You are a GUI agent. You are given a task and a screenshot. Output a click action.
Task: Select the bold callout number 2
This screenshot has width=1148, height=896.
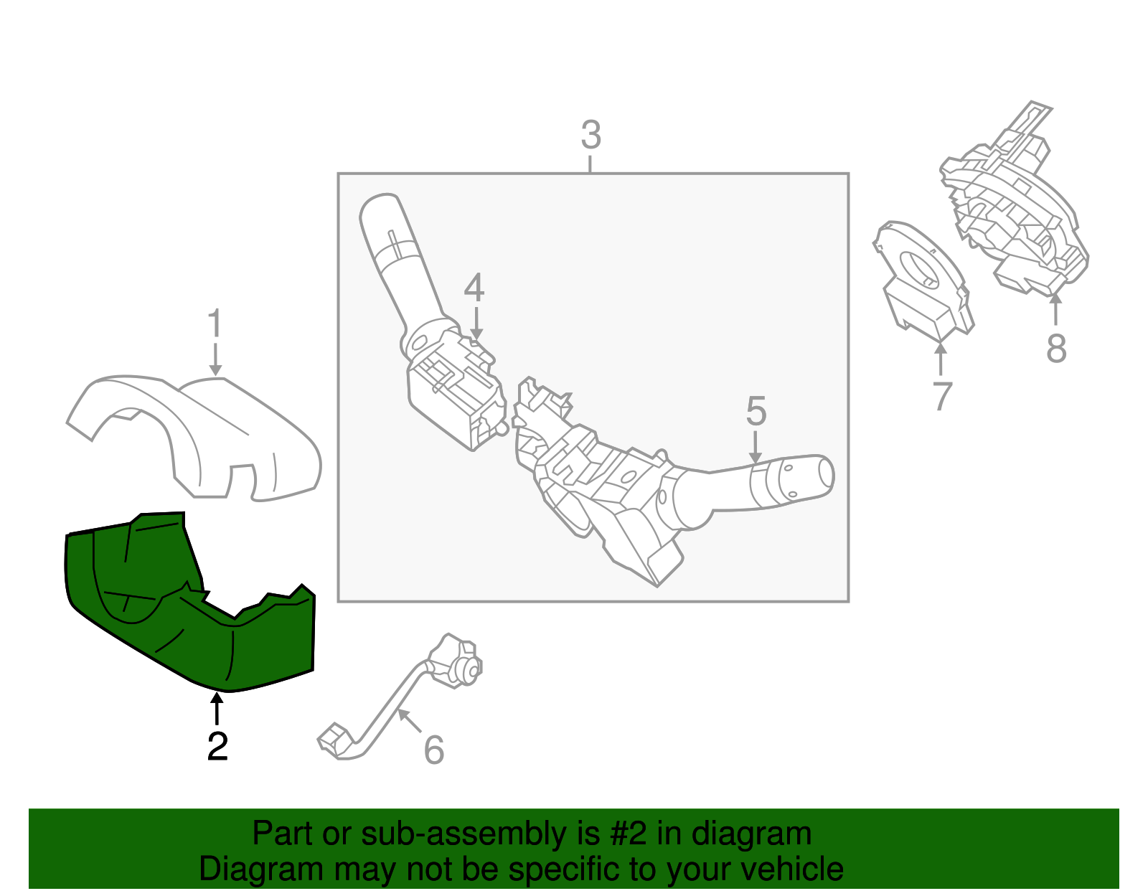(x=217, y=747)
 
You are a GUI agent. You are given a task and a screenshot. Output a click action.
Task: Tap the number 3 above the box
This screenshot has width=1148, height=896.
(x=591, y=135)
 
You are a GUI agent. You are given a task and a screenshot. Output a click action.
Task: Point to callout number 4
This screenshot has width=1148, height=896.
(x=474, y=288)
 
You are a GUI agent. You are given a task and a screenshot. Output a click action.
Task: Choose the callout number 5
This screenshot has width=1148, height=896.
(x=756, y=411)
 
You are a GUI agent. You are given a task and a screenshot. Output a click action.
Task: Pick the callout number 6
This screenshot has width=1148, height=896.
(x=434, y=750)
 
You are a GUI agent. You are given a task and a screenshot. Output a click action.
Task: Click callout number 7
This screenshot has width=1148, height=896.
(x=942, y=396)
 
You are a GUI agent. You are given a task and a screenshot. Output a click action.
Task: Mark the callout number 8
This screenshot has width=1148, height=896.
(x=1056, y=349)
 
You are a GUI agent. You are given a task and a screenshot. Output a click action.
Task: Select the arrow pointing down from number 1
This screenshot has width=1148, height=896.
(x=215, y=359)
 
